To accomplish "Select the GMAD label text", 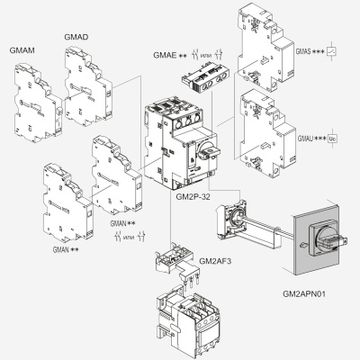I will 76,36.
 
